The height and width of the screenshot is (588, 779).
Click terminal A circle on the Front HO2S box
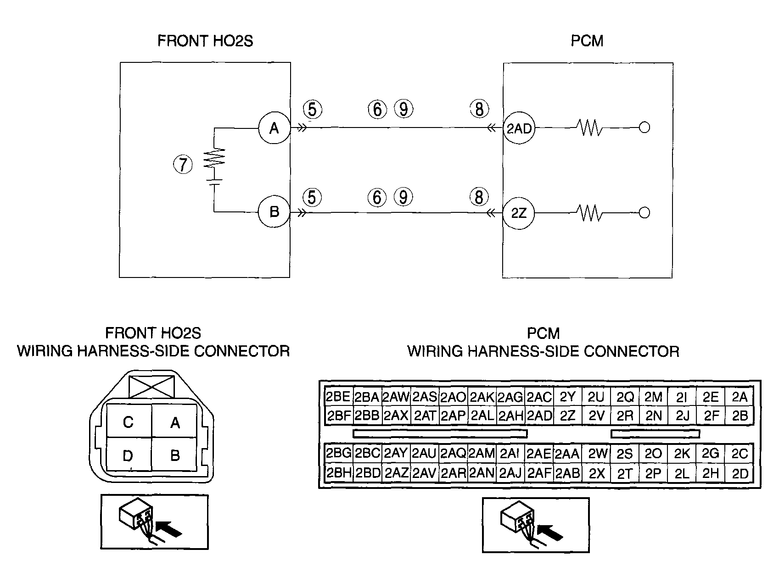click(x=274, y=128)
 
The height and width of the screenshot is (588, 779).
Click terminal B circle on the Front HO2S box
click(x=274, y=212)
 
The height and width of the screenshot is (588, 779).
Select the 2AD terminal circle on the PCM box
click(x=519, y=128)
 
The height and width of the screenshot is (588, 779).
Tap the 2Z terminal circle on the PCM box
click(x=519, y=213)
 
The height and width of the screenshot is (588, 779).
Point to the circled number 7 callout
click(x=183, y=164)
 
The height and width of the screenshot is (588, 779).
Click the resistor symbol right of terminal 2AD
click(x=589, y=128)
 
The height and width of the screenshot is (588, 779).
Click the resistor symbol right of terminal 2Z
click(x=589, y=213)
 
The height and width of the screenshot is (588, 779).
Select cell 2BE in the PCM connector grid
click(x=338, y=397)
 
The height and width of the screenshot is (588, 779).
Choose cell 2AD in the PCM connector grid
click(x=539, y=416)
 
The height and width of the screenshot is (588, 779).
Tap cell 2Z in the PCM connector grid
click(x=568, y=416)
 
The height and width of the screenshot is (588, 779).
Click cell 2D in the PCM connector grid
click(x=740, y=473)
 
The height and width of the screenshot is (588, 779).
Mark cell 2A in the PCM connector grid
click(x=740, y=397)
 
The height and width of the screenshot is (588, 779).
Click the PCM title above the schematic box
click(x=587, y=41)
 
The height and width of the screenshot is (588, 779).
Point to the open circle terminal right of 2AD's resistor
click(x=644, y=128)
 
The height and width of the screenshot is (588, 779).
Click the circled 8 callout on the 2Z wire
click(x=478, y=197)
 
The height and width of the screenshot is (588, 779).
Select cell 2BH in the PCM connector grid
click(x=338, y=473)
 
